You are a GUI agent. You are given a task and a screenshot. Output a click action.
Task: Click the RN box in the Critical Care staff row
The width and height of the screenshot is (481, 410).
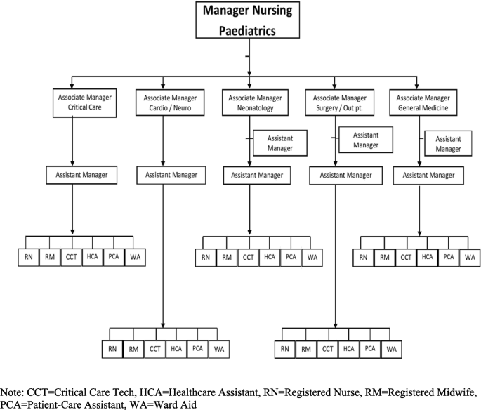pos(29,258)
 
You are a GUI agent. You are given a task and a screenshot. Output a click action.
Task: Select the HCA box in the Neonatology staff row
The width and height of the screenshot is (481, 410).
pos(269,258)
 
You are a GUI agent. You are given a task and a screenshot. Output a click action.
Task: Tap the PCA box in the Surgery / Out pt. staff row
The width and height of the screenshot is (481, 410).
pos(371,348)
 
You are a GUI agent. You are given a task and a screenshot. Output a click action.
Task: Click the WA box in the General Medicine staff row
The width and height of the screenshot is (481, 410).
pos(469,258)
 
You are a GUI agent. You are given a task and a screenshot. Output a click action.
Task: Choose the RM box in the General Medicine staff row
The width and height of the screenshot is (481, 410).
pos(384,258)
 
